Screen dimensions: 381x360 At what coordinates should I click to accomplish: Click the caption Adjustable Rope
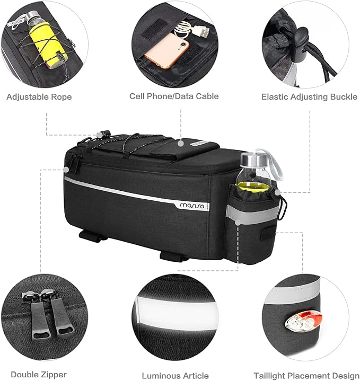tap(39, 97)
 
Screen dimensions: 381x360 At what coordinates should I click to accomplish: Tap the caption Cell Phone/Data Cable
tap(174, 96)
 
